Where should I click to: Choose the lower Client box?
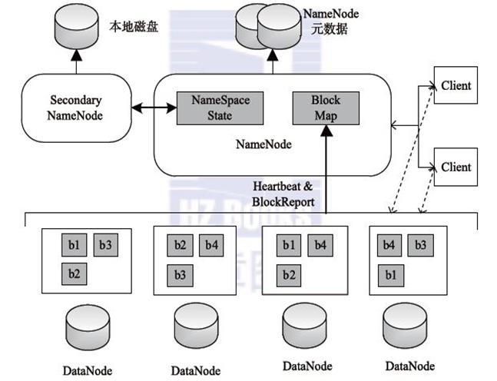click(456, 167)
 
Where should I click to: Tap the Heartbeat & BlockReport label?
click(283, 193)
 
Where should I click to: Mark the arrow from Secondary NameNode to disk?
click(75, 61)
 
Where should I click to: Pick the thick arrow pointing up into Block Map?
click(325, 169)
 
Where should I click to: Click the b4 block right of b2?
click(212, 245)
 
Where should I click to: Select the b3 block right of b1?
click(106, 245)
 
